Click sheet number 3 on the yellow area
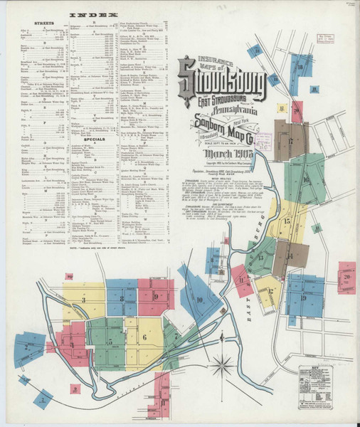(x=83, y=300)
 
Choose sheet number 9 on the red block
(x=154, y=295)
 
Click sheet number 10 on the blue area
(x=199, y=300)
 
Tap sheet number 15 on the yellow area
(x=287, y=221)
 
